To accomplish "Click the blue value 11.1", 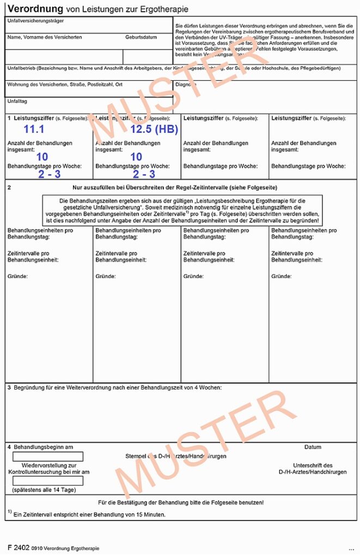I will [x=34, y=129].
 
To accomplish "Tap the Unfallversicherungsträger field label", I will [x=35, y=21].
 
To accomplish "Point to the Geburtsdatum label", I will [x=141, y=37].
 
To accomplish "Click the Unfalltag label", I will [x=17, y=101].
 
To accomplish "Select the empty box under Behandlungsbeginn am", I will [x=48, y=456].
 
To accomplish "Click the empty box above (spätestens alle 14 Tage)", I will [x=48, y=481].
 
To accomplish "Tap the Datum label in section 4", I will [x=313, y=447].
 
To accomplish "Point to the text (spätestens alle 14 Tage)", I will [x=44, y=490].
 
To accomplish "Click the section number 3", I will [x=9, y=387].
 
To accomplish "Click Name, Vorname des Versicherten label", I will [x=45, y=37].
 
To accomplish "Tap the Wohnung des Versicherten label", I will [x=65, y=84].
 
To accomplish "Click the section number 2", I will [x=9, y=187].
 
